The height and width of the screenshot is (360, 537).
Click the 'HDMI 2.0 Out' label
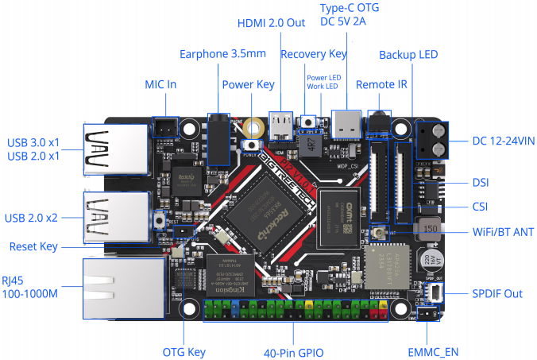tap(271, 23)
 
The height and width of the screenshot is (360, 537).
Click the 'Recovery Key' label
tap(314, 55)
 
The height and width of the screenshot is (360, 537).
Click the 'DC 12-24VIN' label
tap(503, 141)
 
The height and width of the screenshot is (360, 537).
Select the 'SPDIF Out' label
tap(497, 293)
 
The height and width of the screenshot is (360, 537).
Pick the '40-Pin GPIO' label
tap(293, 350)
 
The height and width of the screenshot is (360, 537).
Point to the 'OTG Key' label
tap(184, 350)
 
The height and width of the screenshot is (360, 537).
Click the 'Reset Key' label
tap(33, 247)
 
